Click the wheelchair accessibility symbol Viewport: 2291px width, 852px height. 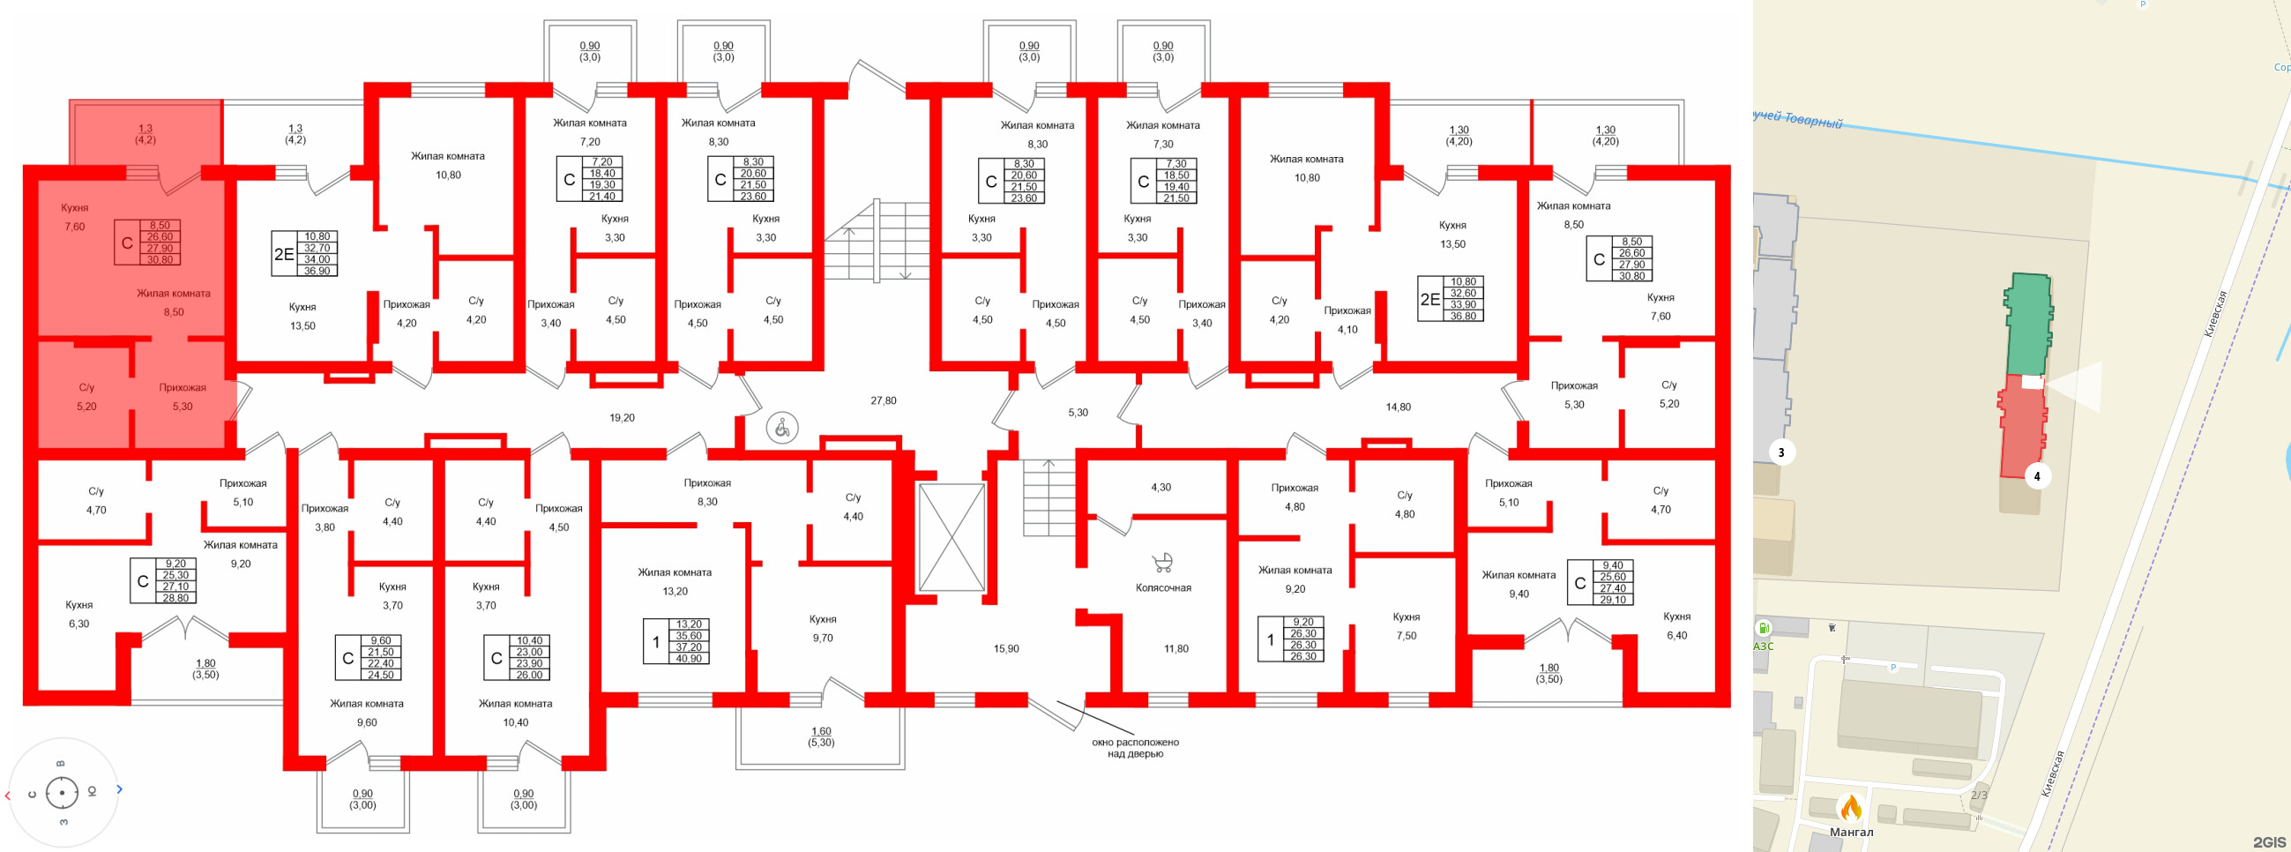[x=782, y=429]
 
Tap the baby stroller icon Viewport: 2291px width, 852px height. [x=1161, y=562]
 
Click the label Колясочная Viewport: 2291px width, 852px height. [x=1162, y=588]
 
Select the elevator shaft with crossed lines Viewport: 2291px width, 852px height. [x=951, y=537]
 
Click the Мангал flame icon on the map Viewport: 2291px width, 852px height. [x=1851, y=809]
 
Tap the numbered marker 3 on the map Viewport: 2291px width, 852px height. [x=1780, y=452]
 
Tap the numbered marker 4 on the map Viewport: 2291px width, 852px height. [x=2037, y=475]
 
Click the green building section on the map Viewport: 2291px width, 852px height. [x=2027, y=325]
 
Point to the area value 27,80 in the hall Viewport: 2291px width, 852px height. [x=883, y=401]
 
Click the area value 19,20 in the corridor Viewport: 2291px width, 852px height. [x=622, y=418]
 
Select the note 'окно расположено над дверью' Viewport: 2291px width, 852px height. [x=1135, y=748]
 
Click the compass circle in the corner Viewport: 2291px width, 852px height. [x=63, y=791]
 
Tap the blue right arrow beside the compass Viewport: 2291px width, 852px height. [x=119, y=788]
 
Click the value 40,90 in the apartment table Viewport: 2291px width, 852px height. [x=688, y=658]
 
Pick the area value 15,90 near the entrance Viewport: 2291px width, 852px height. [x=1006, y=649]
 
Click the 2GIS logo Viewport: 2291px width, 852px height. [x=2269, y=841]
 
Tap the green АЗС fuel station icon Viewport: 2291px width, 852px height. [x=1763, y=628]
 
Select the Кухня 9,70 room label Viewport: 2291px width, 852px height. [x=823, y=629]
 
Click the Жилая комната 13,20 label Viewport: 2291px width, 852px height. [x=674, y=581]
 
